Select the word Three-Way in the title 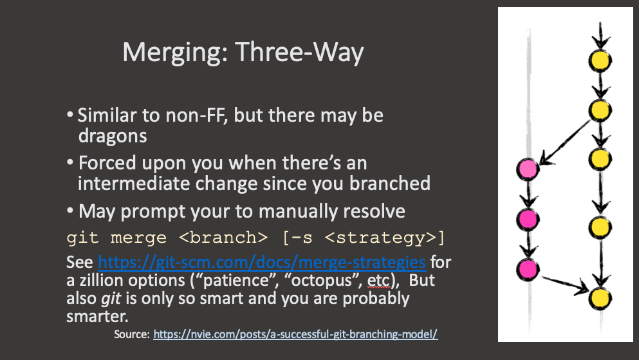tap(299, 52)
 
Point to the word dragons tap(112, 136)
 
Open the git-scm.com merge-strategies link tap(261, 262)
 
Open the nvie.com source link tap(295, 335)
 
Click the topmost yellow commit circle tap(600, 61)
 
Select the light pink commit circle tap(528, 169)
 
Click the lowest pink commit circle tap(528, 269)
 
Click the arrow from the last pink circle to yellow tap(565, 284)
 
